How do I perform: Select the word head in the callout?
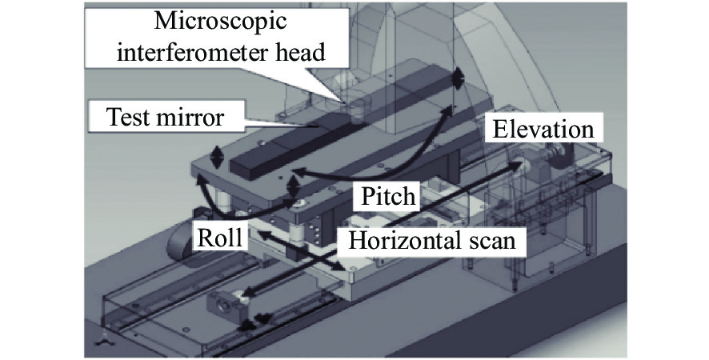point(301,52)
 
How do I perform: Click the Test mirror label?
point(165,117)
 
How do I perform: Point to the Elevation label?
point(543,130)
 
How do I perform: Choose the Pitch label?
point(388,196)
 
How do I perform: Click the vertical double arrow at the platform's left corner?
point(218,157)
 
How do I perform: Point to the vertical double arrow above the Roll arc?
point(294,186)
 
